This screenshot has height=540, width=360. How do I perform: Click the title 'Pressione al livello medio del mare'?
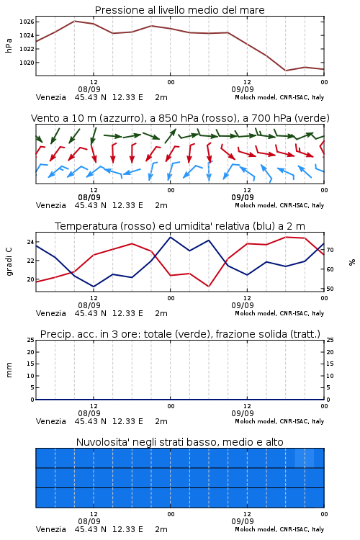point(179,10)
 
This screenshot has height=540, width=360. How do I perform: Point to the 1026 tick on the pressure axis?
point(27,22)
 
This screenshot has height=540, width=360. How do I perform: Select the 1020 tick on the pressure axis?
point(27,63)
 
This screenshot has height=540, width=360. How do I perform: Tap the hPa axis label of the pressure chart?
point(9,45)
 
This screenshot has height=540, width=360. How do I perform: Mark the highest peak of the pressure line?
point(74,21)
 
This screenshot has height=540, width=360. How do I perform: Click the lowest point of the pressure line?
point(286,71)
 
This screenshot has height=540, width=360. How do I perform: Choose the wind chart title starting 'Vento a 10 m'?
point(180,118)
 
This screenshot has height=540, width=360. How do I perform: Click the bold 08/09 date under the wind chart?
point(89,197)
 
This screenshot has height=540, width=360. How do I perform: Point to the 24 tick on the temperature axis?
point(30,242)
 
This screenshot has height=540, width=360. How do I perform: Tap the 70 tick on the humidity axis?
point(330,250)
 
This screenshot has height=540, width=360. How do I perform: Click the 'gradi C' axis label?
point(9,261)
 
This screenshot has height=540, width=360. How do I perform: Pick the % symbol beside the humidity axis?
point(352,262)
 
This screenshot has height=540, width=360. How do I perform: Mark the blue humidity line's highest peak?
point(170,237)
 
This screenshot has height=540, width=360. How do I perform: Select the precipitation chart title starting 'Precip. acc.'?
point(180,334)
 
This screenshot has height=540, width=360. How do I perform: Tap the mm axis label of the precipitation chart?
point(9,369)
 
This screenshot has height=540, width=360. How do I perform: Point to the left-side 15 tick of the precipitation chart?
point(30,364)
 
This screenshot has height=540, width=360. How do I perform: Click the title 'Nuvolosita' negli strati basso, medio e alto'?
point(179,442)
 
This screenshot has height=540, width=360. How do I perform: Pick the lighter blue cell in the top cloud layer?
point(304,458)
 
